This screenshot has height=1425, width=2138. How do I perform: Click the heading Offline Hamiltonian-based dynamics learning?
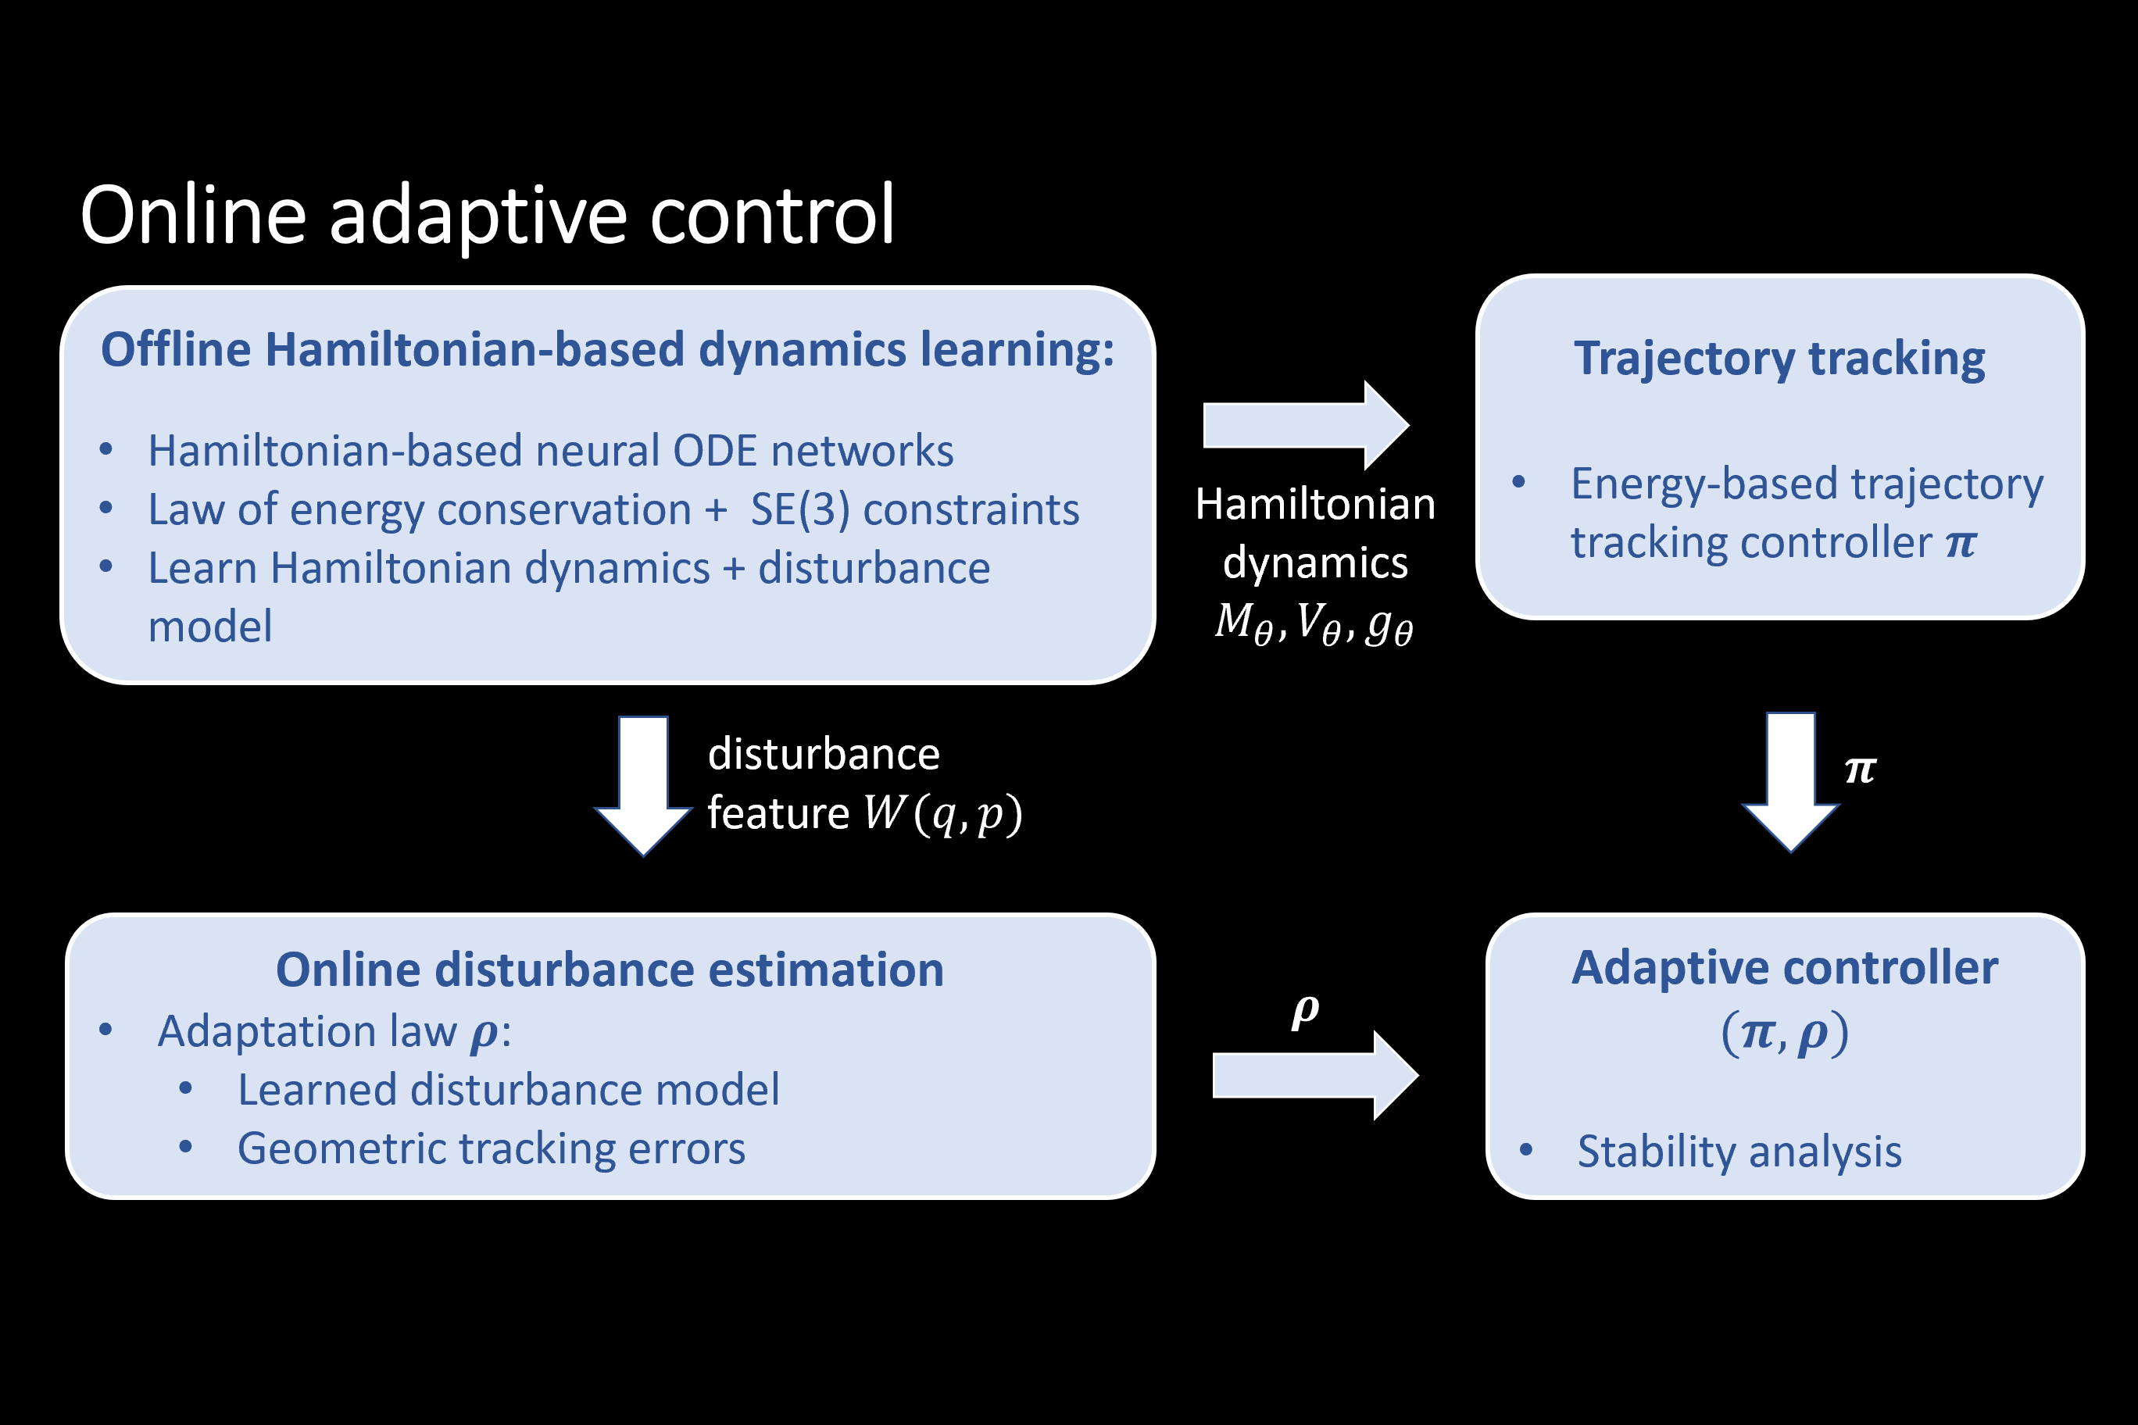[607, 350]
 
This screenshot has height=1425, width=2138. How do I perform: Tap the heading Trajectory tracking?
[1779, 358]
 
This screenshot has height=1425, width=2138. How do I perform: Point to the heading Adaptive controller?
[1784, 968]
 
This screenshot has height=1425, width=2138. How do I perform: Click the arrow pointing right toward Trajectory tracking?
[1305, 425]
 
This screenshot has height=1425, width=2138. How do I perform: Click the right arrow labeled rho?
[1314, 1075]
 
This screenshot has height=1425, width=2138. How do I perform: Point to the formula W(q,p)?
[942, 813]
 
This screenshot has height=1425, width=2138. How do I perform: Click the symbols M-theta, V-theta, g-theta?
[1314, 624]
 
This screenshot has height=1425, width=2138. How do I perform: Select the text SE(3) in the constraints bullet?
[800, 510]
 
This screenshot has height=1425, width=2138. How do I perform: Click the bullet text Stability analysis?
[1739, 1152]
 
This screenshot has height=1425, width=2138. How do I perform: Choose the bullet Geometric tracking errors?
[491, 1148]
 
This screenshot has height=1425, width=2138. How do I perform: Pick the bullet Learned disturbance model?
[508, 1090]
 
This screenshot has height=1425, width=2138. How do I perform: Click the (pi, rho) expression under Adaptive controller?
[1784, 1034]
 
